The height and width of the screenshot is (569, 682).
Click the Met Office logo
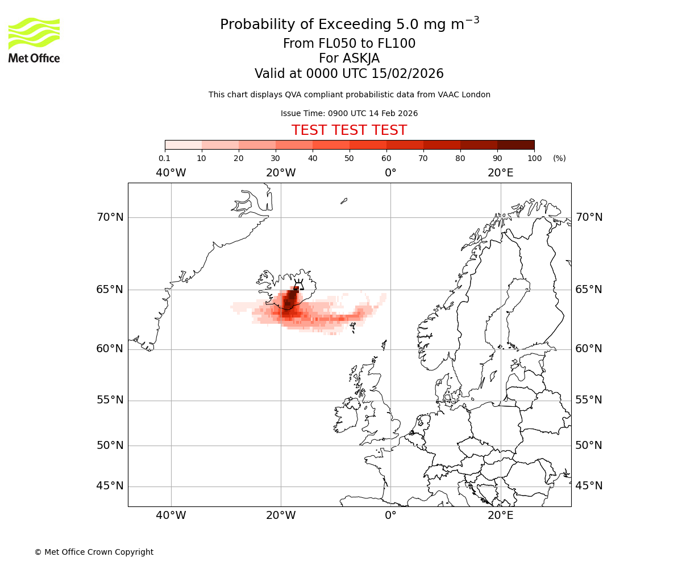click(x=34, y=40)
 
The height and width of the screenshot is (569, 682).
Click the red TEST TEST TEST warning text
click(x=349, y=130)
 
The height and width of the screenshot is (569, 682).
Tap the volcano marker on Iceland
click(x=298, y=284)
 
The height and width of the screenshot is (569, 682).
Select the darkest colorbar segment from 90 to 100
click(x=515, y=145)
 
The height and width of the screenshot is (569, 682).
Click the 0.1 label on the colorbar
click(x=164, y=158)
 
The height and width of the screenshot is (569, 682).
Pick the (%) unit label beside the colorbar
click(x=559, y=158)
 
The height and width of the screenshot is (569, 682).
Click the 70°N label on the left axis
click(x=110, y=217)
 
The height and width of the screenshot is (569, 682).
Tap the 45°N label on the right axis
click(x=589, y=486)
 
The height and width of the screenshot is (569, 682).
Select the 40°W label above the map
click(x=170, y=173)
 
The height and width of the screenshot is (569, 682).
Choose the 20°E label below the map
click(x=500, y=516)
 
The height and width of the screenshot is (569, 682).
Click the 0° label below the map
click(x=390, y=516)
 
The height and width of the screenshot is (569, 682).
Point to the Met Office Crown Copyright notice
click(x=94, y=552)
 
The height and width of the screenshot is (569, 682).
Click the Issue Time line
click(x=349, y=113)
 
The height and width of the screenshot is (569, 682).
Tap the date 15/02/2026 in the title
click(x=407, y=74)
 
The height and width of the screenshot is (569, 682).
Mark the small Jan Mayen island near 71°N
click(x=344, y=201)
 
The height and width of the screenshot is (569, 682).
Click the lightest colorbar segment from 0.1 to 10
click(x=183, y=145)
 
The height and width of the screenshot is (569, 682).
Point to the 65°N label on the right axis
click(x=589, y=290)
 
